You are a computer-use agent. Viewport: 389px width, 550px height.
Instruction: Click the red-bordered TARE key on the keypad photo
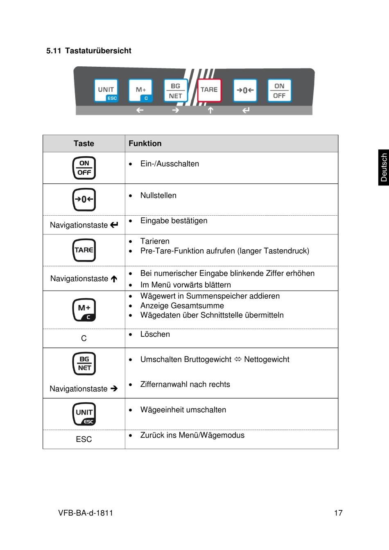click(x=209, y=90)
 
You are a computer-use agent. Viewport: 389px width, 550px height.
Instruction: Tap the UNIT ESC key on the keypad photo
click(x=106, y=90)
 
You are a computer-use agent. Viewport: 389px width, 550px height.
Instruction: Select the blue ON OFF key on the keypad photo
click(x=279, y=90)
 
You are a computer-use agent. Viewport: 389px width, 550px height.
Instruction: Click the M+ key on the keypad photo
click(x=140, y=90)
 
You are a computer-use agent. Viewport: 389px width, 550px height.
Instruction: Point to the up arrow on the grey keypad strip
click(x=210, y=110)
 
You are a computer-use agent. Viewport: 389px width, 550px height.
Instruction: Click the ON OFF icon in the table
click(x=84, y=168)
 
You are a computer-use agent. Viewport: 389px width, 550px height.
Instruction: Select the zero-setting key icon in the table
click(x=84, y=199)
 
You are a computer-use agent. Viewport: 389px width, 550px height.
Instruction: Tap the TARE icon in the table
click(x=84, y=250)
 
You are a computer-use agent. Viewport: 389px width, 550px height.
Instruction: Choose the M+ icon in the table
click(x=84, y=310)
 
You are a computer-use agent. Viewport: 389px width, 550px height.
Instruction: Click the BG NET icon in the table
click(x=84, y=363)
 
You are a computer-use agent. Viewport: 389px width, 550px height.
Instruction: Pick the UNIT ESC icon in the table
click(x=84, y=414)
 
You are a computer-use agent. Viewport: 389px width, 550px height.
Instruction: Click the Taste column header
click(x=84, y=144)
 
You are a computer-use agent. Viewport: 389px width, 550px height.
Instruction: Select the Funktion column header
click(x=145, y=144)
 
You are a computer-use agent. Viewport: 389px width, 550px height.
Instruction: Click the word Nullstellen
click(x=158, y=196)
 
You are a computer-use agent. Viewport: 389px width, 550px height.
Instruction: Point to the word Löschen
click(x=155, y=334)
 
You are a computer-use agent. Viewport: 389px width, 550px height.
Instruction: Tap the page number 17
click(x=338, y=513)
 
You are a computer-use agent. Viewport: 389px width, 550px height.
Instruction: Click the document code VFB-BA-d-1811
click(x=86, y=513)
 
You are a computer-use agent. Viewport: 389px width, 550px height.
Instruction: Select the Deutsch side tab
click(x=384, y=167)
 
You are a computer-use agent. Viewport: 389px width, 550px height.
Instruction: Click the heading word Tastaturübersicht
click(x=98, y=51)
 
